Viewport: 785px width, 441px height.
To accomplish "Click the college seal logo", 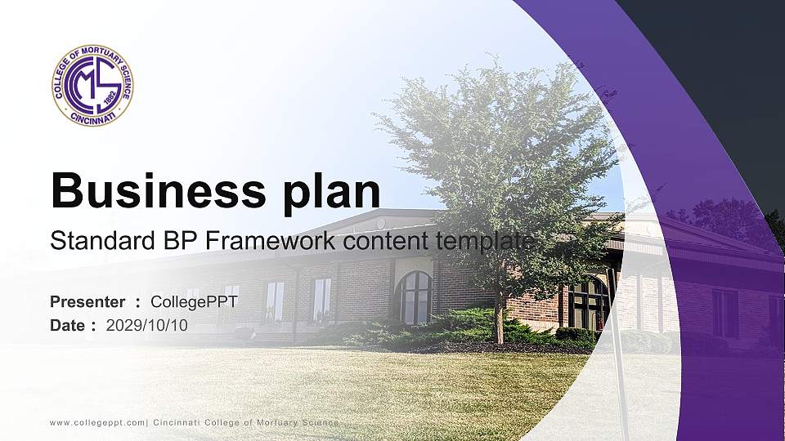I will point(92,85).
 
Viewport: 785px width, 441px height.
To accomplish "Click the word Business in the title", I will point(154,191).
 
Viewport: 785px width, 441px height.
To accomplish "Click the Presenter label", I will point(87,301).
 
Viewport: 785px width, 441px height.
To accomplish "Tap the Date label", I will point(68,325).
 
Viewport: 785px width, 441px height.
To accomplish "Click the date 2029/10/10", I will point(147,325).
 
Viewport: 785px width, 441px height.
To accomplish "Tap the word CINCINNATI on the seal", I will point(92,117).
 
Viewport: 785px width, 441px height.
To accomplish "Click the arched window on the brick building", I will point(415,296).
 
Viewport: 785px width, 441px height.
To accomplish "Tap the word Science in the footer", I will point(318,422).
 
